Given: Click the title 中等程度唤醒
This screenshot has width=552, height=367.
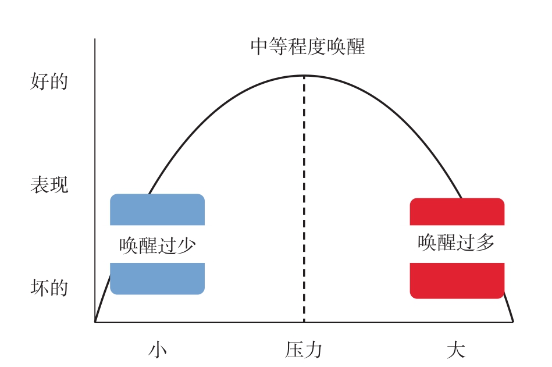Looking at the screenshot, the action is pyautogui.click(x=308, y=47).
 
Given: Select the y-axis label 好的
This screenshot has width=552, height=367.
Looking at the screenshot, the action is pyautogui.click(x=49, y=81).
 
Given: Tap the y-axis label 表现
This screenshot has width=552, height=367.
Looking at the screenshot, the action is pyautogui.click(x=49, y=185).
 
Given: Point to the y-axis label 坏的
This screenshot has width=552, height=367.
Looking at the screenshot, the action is pyautogui.click(x=49, y=287).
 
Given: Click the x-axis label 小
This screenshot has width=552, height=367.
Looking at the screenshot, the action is pyautogui.click(x=158, y=350).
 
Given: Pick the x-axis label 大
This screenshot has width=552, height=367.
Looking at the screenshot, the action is pyautogui.click(x=456, y=350).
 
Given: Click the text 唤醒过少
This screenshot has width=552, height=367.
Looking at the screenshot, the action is pyautogui.click(x=158, y=245).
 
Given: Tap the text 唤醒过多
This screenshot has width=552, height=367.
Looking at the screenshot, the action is pyautogui.click(x=456, y=242).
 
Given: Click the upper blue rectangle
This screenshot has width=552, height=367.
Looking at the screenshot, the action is pyautogui.click(x=158, y=209).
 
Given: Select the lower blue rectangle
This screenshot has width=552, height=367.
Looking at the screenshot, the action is pyautogui.click(x=158, y=279).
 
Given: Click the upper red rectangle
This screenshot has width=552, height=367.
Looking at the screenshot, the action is pyautogui.click(x=457, y=212).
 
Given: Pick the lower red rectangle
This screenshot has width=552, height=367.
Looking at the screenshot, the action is pyautogui.click(x=457, y=281).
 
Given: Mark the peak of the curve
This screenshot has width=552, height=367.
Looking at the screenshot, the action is pyautogui.click(x=304, y=76).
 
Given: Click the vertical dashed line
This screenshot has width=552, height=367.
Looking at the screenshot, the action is pyautogui.click(x=304, y=199).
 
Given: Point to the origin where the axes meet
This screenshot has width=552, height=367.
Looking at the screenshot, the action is pyautogui.click(x=95, y=322).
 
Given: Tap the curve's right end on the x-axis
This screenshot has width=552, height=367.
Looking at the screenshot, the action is pyautogui.click(x=513, y=322).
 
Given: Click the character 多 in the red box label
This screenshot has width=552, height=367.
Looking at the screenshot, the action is pyautogui.click(x=485, y=242).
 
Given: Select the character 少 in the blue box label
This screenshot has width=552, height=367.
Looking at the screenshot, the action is pyautogui.click(x=186, y=245).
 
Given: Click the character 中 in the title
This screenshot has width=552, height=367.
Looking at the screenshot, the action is pyautogui.click(x=260, y=47).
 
